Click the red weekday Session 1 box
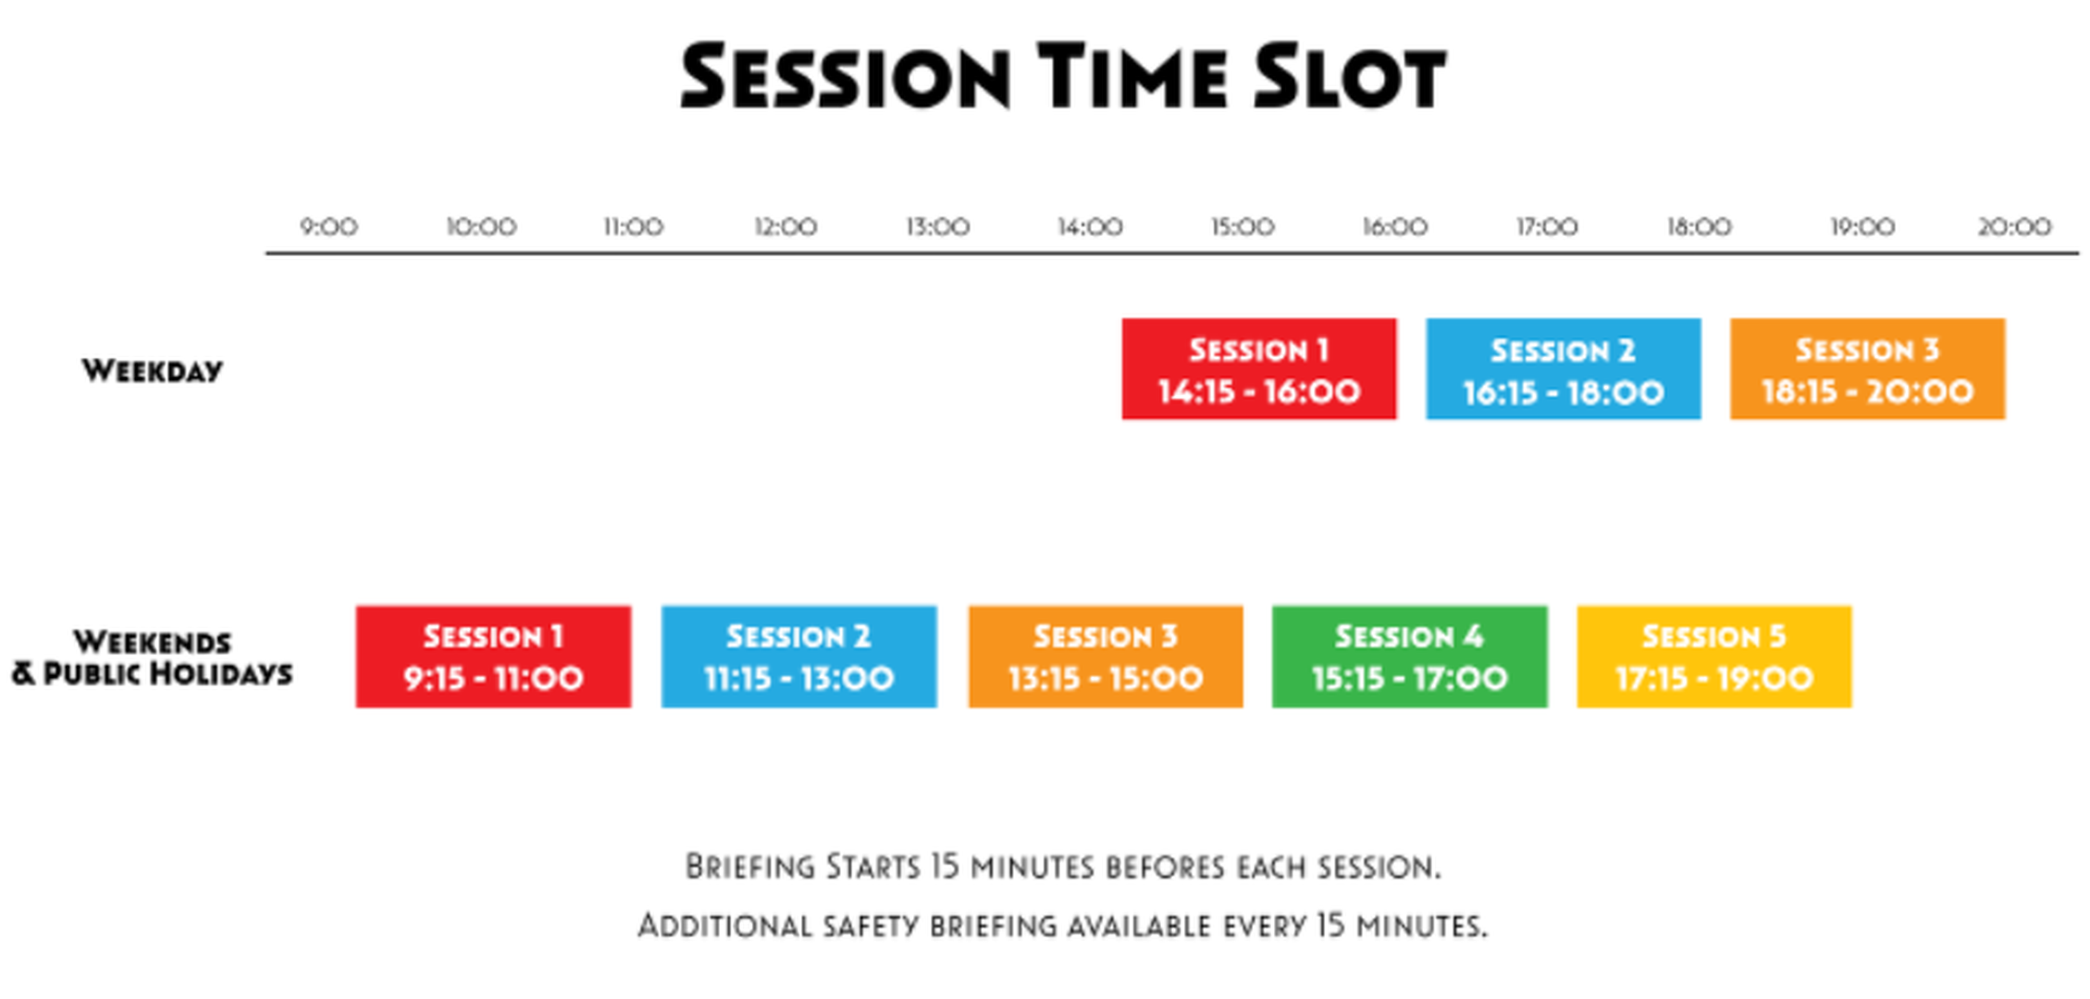click(1259, 369)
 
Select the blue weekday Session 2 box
click(1564, 369)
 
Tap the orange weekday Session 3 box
click(1868, 369)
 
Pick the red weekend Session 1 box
click(493, 657)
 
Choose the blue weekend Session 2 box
click(799, 657)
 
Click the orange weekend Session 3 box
click(1106, 657)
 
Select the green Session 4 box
click(1410, 657)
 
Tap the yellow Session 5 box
click(1714, 657)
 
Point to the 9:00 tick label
click(328, 227)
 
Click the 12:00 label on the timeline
click(785, 227)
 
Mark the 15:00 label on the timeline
click(1243, 227)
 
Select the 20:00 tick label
click(2015, 227)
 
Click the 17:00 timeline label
click(1547, 227)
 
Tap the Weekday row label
click(153, 371)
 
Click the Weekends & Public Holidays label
click(152, 658)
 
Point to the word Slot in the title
click(1349, 76)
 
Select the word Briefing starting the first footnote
click(750, 867)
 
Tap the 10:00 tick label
click(481, 227)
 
